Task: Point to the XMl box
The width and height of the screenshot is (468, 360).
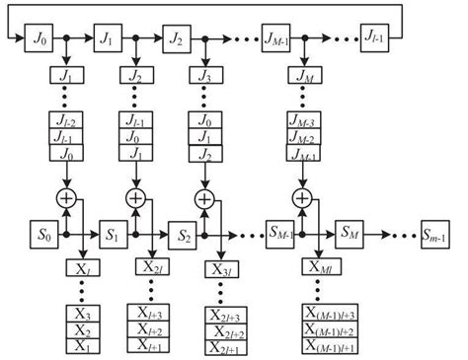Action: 321,268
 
